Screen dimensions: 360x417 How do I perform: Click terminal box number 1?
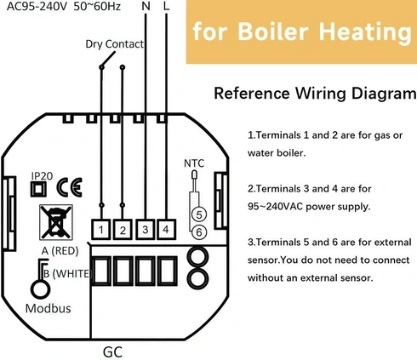(x=101, y=229)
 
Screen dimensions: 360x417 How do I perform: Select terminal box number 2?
(x=123, y=229)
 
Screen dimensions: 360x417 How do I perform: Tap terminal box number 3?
(x=145, y=229)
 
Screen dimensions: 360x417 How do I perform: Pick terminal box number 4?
(x=166, y=229)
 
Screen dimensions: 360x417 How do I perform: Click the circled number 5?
(x=198, y=214)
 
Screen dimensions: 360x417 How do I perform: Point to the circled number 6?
(x=198, y=231)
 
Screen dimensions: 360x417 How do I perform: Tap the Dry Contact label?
(x=114, y=43)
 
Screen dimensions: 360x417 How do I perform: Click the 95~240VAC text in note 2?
(x=283, y=206)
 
